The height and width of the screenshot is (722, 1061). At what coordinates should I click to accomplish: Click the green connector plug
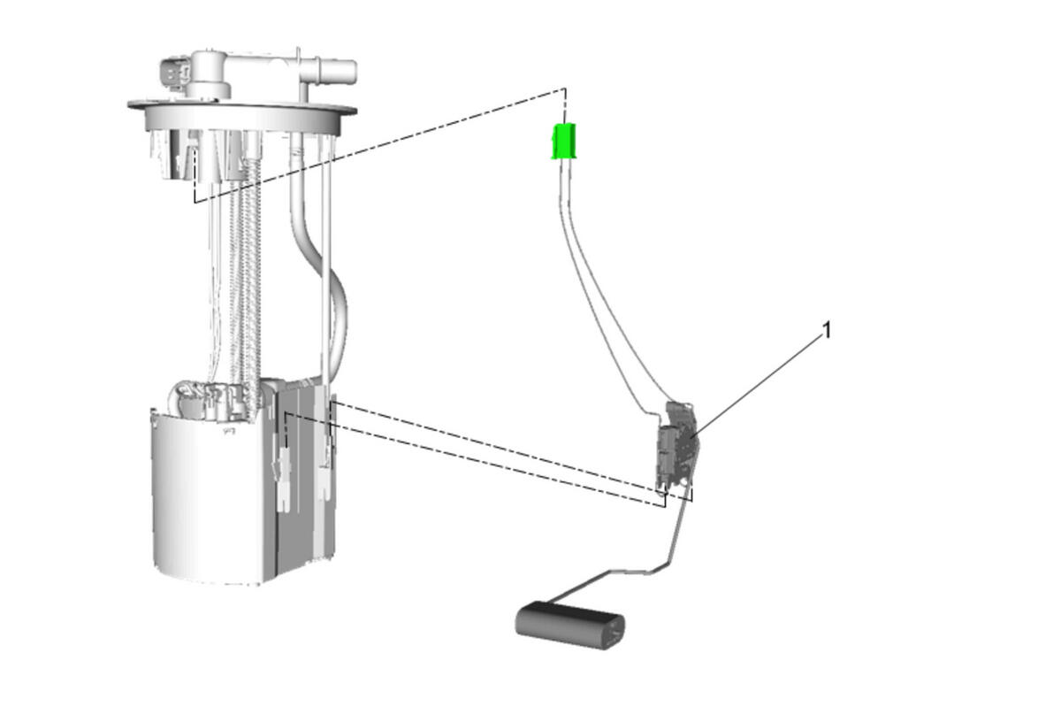564,141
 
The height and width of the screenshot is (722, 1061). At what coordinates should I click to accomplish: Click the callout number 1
827,330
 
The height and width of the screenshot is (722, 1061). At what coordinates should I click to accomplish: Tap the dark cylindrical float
569,625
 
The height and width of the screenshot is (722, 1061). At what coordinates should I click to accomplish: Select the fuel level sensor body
676,446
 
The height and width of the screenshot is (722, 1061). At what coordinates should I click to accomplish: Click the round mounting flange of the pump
242,115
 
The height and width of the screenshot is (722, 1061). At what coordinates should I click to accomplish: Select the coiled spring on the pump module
247,284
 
